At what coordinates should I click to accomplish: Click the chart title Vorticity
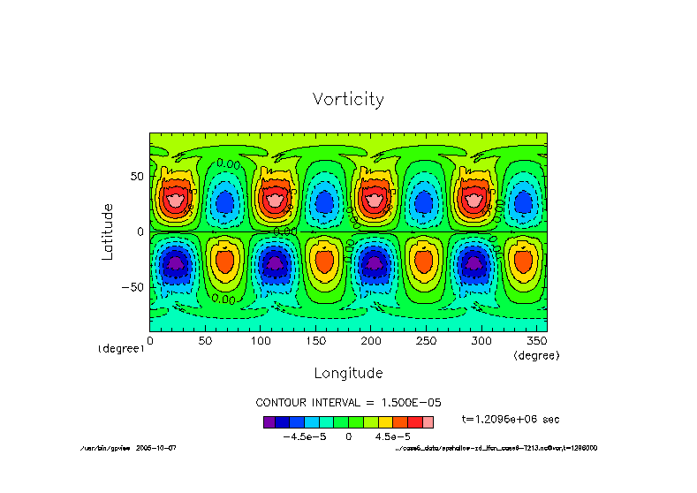click(348, 99)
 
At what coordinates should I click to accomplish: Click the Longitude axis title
click(348, 372)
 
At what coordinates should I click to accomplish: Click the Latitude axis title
click(108, 231)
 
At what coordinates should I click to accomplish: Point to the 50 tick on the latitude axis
click(136, 177)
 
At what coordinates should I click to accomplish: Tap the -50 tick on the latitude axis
click(133, 287)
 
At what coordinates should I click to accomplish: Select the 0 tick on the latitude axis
click(140, 231)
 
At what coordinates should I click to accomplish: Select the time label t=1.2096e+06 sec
click(511, 419)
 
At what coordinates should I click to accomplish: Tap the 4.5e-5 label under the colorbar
click(392, 436)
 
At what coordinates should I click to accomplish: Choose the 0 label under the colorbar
click(348, 436)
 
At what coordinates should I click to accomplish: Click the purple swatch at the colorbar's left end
click(269, 422)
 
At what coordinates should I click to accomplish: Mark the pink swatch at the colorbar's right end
click(428, 422)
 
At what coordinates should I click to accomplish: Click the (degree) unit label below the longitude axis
click(536, 354)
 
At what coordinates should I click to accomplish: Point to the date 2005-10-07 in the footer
click(156, 448)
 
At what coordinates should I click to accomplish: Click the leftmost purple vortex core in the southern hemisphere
click(175, 262)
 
